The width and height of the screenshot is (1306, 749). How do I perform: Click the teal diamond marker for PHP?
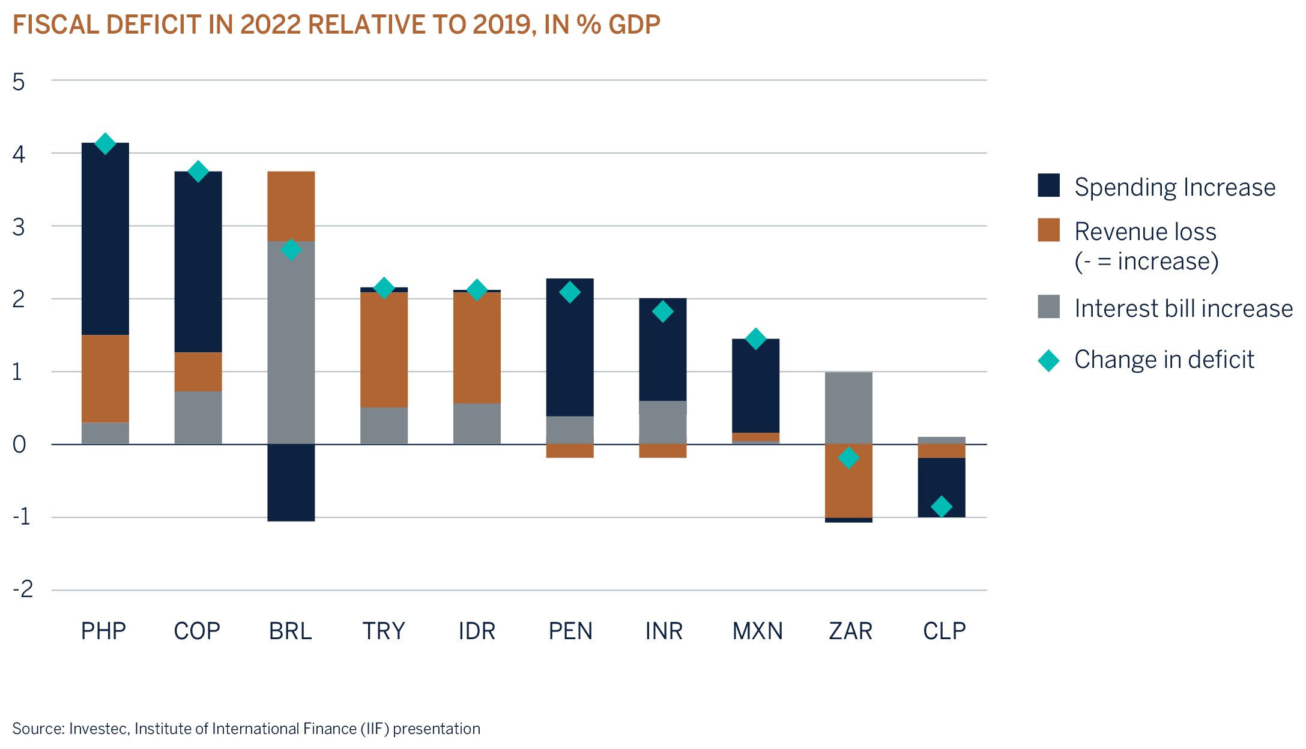click(x=105, y=143)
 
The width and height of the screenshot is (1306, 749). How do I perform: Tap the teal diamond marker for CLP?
click(x=941, y=507)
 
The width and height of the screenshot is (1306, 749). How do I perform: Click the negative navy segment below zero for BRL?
click(x=291, y=483)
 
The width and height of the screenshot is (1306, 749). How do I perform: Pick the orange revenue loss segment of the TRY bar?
click(x=384, y=350)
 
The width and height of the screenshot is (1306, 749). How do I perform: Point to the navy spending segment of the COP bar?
click(x=198, y=262)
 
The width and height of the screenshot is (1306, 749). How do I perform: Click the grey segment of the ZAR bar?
click(x=848, y=408)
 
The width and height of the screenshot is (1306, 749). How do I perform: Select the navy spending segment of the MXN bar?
click(x=755, y=385)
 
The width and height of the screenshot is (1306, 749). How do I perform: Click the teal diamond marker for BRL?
click(x=291, y=250)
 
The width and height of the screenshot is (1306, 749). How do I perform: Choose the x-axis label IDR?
click(x=477, y=631)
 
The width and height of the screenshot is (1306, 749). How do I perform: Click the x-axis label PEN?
click(x=570, y=631)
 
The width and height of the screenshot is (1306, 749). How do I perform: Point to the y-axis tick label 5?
click(x=19, y=82)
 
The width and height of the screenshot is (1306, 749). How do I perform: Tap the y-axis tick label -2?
click(x=23, y=589)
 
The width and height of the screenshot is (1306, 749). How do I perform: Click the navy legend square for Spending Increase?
click(x=1048, y=185)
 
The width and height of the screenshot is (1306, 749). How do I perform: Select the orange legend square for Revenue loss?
click(x=1048, y=230)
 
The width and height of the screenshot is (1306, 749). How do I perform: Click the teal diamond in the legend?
click(x=1048, y=361)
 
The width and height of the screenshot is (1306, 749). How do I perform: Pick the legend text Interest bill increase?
click(x=1183, y=308)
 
